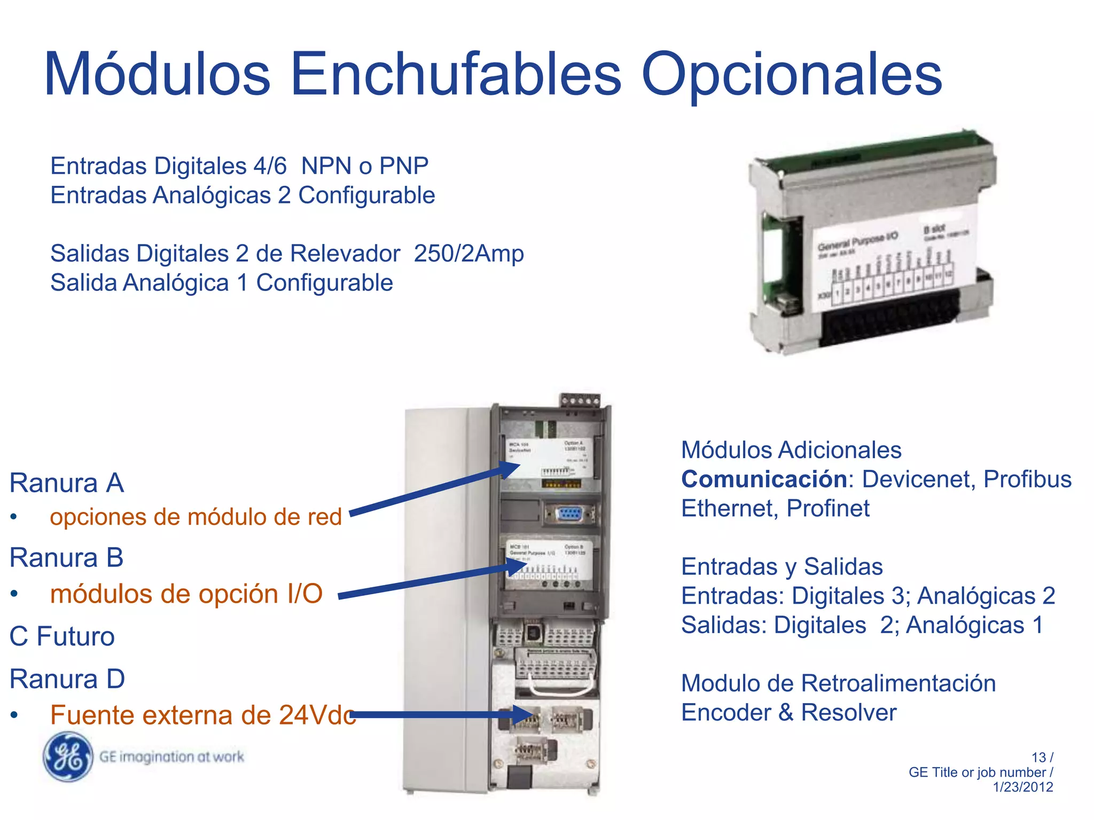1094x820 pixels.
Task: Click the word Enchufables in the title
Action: click(456, 75)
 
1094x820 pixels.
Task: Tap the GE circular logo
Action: click(68, 756)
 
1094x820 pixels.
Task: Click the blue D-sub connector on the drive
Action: click(569, 515)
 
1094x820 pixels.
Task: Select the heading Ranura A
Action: click(67, 483)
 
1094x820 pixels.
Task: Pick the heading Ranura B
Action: click(67, 558)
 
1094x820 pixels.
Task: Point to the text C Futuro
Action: click(62, 636)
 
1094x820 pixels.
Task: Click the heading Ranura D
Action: click(67, 679)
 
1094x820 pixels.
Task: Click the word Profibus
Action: click(1027, 479)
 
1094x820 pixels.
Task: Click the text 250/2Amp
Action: click(468, 254)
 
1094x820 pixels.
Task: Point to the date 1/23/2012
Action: click(1022, 787)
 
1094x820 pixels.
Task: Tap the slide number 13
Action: click(1038, 758)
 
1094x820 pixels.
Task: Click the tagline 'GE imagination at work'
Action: click(171, 756)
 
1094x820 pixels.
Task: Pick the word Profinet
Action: click(828, 508)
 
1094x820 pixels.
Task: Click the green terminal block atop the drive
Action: click(580, 400)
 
